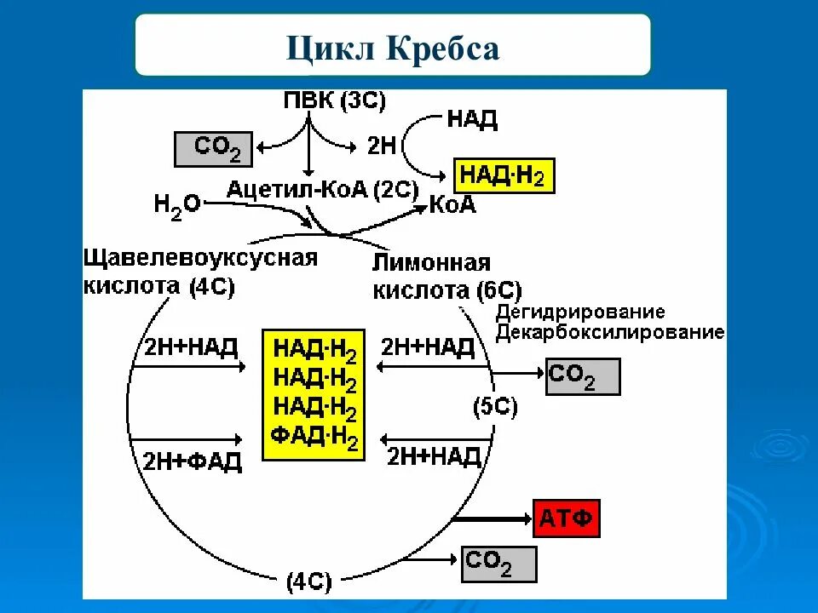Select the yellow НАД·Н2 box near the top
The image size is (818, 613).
(504, 176)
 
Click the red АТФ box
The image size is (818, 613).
(567, 518)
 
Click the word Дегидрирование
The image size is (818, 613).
(580, 312)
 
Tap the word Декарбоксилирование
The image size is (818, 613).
(610, 332)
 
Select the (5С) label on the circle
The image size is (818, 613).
(495, 406)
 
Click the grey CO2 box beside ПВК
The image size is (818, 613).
(216, 149)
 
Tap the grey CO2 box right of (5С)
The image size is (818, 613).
(583, 375)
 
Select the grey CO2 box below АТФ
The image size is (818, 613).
(499, 564)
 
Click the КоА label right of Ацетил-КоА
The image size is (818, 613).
(452, 204)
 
